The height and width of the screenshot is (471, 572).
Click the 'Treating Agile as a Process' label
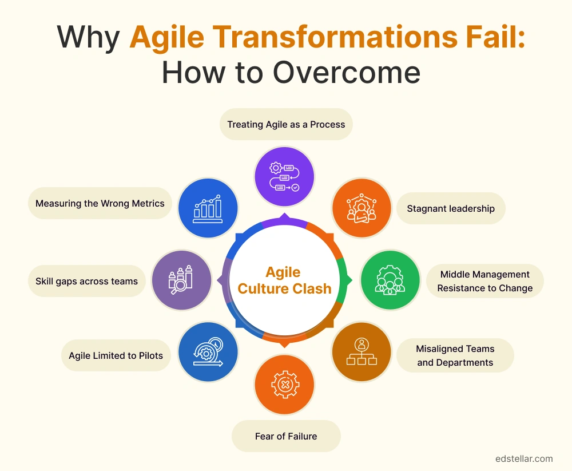pos(286,124)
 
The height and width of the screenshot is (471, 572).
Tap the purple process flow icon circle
pos(284,176)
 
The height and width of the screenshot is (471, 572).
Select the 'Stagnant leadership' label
pos(451,208)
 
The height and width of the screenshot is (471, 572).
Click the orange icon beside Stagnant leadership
pos(362,208)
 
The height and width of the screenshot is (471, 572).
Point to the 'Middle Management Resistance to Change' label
pos(484,281)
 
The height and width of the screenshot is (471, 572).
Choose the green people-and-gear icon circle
pos(390,280)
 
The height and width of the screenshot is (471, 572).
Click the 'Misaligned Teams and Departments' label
pos(455,355)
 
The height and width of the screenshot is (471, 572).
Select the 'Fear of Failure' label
pos(286,437)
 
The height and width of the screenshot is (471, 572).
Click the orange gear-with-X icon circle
pos(284,385)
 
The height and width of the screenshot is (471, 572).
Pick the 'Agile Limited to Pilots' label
pos(116,355)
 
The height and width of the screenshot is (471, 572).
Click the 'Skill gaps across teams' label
pos(86,281)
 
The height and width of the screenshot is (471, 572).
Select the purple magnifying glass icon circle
pos(181,280)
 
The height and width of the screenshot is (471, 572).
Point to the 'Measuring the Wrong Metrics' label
pos(100,203)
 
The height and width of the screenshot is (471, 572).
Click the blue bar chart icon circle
pos(208,207)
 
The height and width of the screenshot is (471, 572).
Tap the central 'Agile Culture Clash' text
pos(284,280)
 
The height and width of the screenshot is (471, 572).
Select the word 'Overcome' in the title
pos(346,73)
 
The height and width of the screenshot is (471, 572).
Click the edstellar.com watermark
pos(524,458)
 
